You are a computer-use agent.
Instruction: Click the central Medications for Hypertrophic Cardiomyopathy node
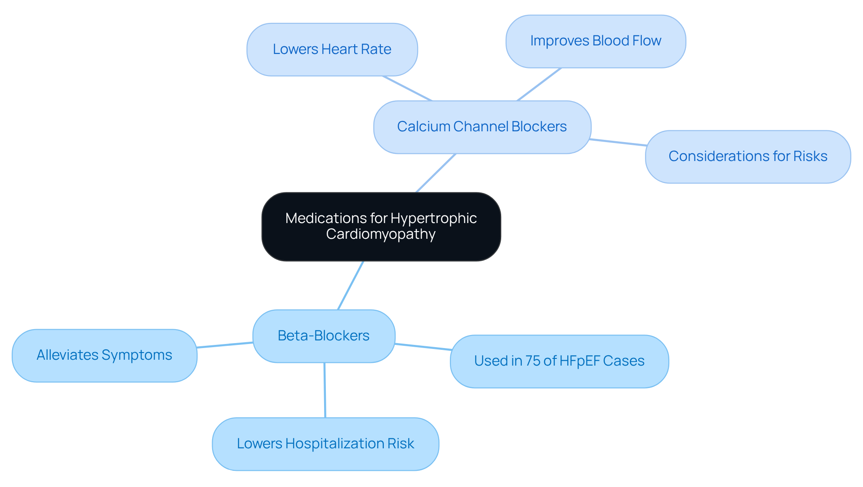point(381,226)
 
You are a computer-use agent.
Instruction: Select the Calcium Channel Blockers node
point(482,127)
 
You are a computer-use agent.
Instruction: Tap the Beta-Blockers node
point(324,335)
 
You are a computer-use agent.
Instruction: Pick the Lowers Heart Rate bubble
point(332,49)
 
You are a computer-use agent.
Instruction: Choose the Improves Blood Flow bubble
point(596,41)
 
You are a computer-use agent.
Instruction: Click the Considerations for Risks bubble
point(747,156)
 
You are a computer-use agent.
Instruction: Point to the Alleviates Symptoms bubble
point(104,355)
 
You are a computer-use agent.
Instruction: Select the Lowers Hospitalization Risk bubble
point(325,444)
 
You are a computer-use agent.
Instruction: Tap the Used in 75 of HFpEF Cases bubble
point(559,361)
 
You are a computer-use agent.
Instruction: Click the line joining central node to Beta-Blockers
point(351,285)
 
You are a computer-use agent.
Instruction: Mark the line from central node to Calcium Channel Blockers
point(436,173)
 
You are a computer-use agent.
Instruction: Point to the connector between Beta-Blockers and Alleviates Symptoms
point(225,345)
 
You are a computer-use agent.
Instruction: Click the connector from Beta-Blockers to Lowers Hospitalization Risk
point(325,390)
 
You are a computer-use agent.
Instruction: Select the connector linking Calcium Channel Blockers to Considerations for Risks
point(618,143)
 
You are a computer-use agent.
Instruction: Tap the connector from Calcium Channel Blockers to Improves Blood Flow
point(539,85)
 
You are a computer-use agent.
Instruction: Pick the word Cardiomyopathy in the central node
point(381,234)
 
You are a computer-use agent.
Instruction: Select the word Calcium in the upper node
point(423,127)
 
